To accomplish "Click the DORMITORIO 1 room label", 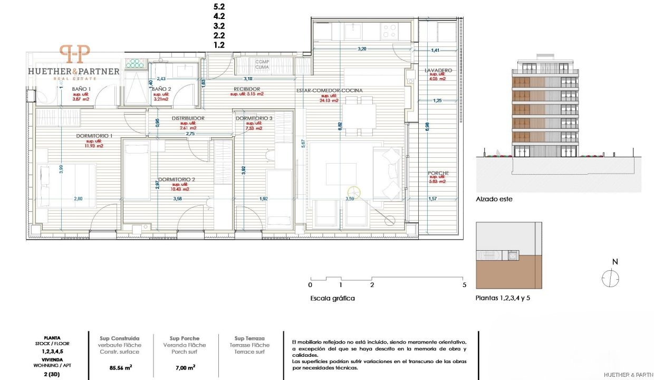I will [94, 136].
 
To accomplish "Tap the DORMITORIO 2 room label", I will [177, 179].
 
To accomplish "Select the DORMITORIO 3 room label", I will [254, 118].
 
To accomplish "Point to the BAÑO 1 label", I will [81, 89].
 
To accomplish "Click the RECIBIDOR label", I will [247, 89].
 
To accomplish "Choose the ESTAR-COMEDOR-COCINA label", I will [330, 90].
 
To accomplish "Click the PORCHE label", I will [438, 173].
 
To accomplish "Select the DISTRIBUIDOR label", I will [188, 118].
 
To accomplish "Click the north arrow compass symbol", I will [610, 278].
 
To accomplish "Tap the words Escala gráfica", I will [332, 298].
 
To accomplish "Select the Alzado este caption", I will [494, 199].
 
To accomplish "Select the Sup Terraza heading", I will [249, 338].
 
